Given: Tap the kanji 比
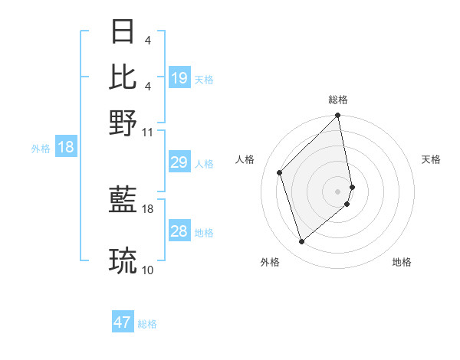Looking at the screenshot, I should click(x=123, y=77).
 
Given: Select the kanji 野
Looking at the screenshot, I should click(x=123, y=122).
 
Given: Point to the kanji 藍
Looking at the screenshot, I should click(x=123, y=201).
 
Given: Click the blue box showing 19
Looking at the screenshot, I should click(x=179, y=77).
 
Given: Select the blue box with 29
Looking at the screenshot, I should click(x=179, y=162).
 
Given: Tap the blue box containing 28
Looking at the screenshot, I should click(x=179, y=231).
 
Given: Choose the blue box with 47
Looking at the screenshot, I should click(x=123, y=322).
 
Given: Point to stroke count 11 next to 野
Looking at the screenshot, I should click(x=148, y=133).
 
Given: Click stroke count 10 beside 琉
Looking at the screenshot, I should click(x=148, y=270).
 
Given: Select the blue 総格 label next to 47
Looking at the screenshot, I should click(x=147, y=324).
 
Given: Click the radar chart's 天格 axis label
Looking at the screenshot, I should click(x=431, y=159).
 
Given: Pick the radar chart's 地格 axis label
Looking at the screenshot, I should click(x=402, y=262).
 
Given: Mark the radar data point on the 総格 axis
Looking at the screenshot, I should click(x=337, y=116).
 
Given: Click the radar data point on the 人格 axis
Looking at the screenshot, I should click(x=280, y=172).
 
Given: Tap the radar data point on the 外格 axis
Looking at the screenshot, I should click(x=301, y=242).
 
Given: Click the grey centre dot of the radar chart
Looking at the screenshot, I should click(x=337, y=191).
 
